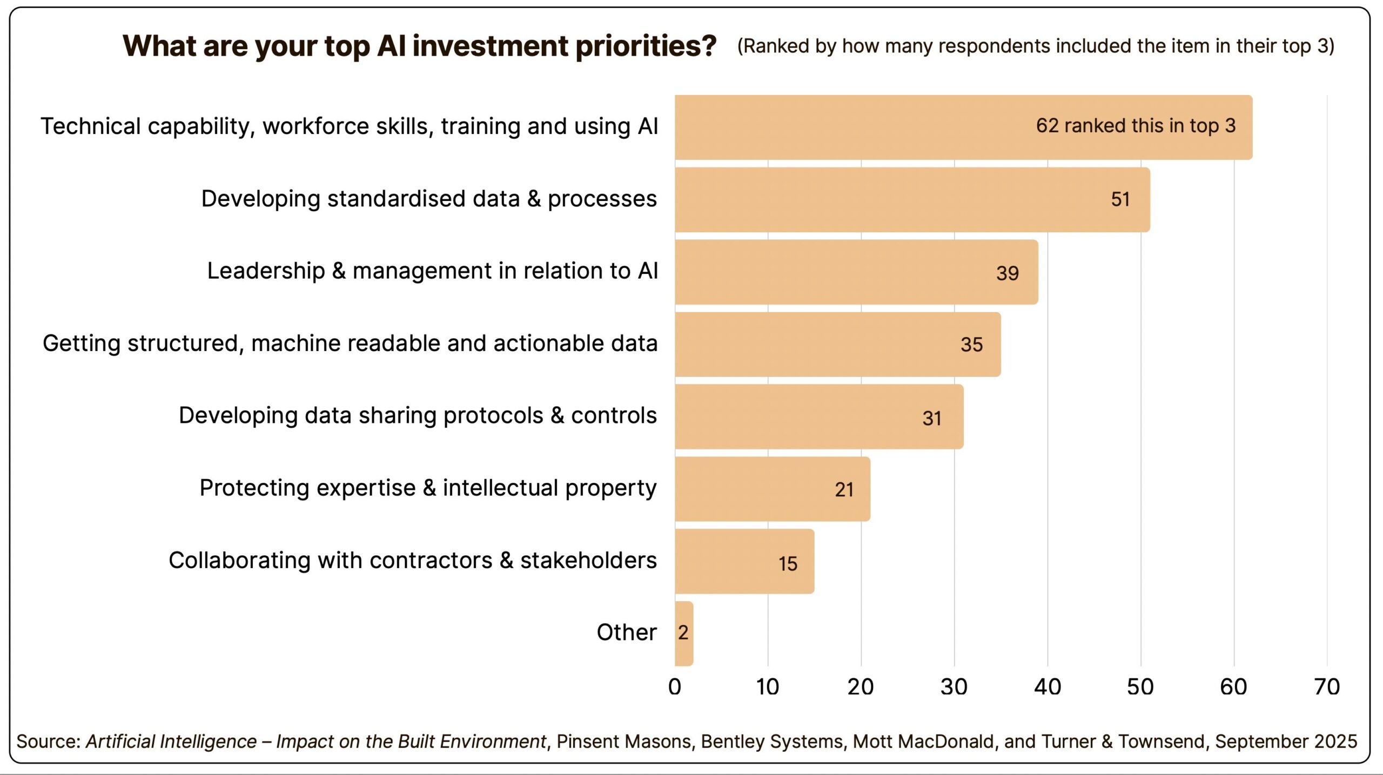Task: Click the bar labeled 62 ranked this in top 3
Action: click(x=962, y=127)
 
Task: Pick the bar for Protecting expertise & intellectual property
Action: click(x=772, y=489)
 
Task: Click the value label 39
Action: click(x=1007, y=273)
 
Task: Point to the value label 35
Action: click(x=971, y=345)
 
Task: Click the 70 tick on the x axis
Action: click(x=1326, y=687)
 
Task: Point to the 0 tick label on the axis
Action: click(x=674, y=687)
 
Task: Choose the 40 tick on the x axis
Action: click(x=1047, y=687)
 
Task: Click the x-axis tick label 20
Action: click(x=861, y=687)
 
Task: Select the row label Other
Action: click(x=626, y=632)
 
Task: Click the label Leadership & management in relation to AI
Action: click(x=432, y=271)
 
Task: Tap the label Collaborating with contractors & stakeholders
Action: click(x=413, y=560)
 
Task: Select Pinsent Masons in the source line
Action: click(x=624, y=742)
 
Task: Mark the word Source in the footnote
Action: click(x=48, y=742)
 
